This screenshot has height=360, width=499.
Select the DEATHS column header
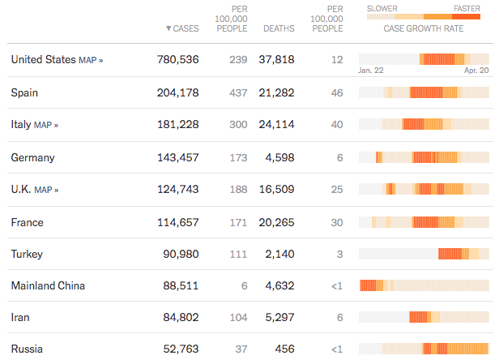point(279,28)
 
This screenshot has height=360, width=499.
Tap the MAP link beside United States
point(91,60)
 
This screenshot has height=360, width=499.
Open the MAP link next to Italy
point(46,125)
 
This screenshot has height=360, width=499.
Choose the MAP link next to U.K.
point(46,190)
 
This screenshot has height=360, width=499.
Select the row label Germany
point(32,157)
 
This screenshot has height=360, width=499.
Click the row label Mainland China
point(48,285)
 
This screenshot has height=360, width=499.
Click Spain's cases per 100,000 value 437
point(238,92)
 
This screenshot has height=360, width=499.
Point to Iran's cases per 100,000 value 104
point(238,318)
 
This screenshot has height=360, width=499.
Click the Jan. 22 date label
point(371,71)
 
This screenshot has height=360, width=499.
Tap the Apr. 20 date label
point(477,71)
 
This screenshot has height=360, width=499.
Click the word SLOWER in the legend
point(382,9)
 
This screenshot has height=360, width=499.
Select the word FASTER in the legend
point(467,9)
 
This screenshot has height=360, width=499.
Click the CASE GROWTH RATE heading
point(424,28)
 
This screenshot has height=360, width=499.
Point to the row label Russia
point(27,349)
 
